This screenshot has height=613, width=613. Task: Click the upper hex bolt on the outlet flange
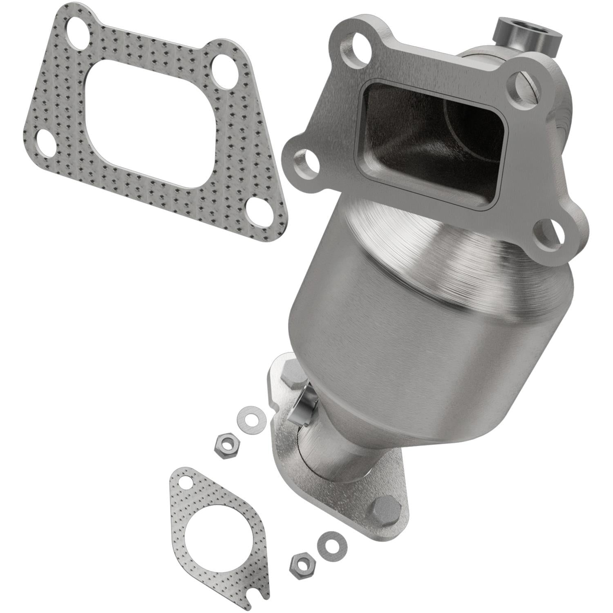291,373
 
